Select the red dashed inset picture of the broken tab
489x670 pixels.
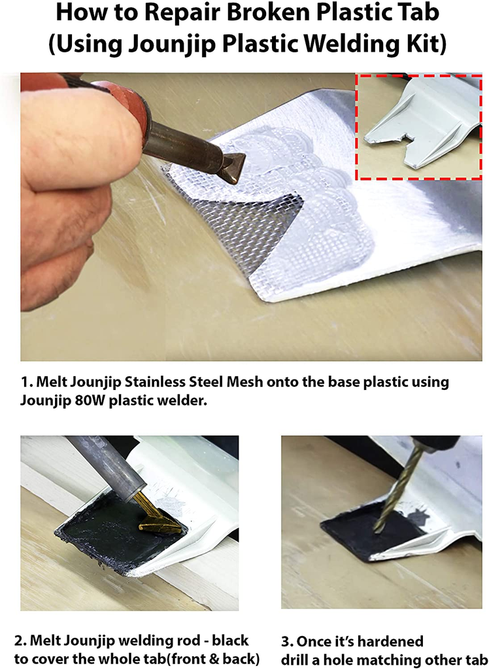coord(419,126)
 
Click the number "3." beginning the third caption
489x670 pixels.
coord(287,641)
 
